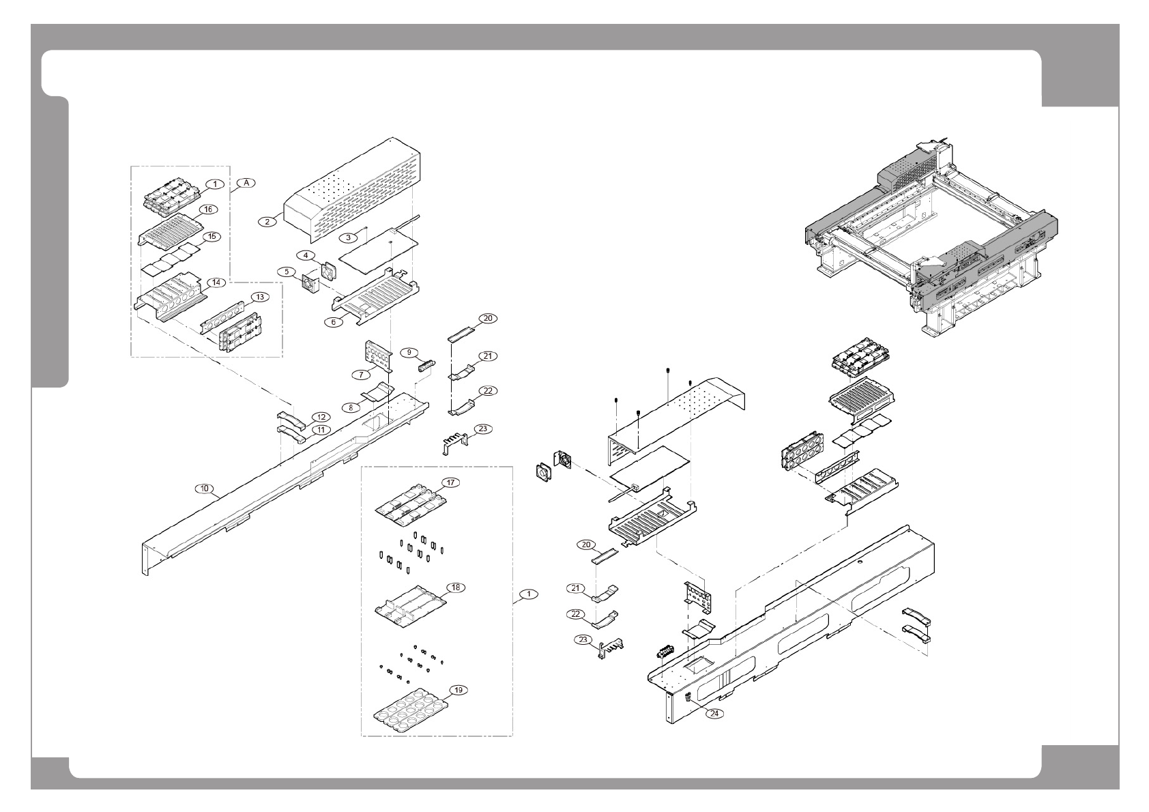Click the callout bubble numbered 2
pos(267,221)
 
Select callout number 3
pos(349,237)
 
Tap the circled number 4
pos(306,255)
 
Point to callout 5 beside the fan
pos(287,271)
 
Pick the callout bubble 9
pos(409,352)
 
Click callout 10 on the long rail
pos(205,489)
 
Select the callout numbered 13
pos(259,298)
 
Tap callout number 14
pos(216,282)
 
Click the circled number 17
pos(451,482)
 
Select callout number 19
pos(459,690)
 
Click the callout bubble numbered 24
pos(714,714)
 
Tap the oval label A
pos(246,183)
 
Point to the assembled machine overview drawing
pos(935,239)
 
